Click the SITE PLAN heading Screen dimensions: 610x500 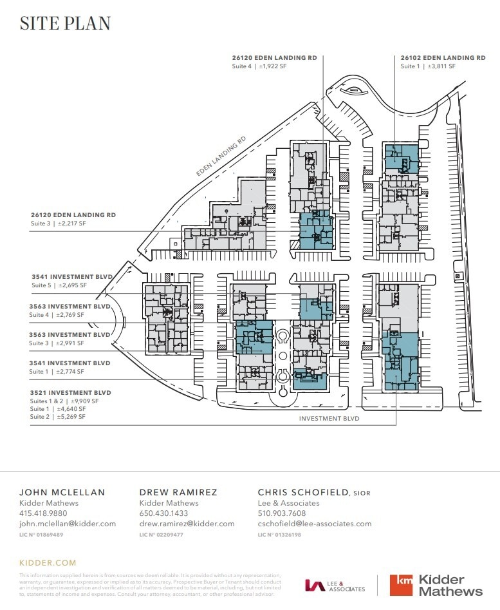click(x=65, y=23)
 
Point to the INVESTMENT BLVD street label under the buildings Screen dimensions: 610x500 click(x=329, y=418)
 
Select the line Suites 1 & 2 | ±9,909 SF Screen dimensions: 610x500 click(x=64, y=401)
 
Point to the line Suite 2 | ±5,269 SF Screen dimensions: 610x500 click(x=57, y=417)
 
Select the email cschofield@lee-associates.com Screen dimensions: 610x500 click(x=315, y=524)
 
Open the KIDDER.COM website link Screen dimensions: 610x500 click(x=48, y=562)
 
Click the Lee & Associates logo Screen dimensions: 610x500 click(x=335, y=586)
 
